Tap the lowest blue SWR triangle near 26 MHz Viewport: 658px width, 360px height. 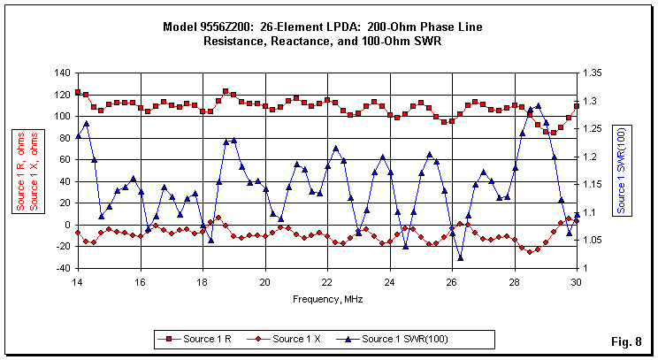(460, 257)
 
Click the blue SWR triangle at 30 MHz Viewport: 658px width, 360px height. (577, 215)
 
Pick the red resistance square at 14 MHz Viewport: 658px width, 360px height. (78, 92)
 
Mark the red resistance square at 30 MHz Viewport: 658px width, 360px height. (577, 106)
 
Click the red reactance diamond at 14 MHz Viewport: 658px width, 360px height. (78, 233)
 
